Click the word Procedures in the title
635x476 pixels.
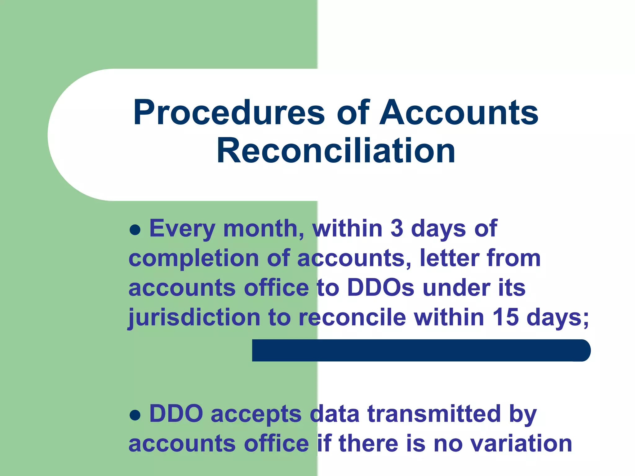click(x=229, y=113)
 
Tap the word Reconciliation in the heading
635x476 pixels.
click(x=336, y=151)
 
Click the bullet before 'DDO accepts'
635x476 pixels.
click(x=135, y=415)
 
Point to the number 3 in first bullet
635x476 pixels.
click(x=397, y=228)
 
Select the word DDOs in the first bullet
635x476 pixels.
click(x=380, y=288)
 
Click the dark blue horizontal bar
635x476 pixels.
click(x=421, y=350)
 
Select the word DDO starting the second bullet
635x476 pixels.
click(x=176, y=414)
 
